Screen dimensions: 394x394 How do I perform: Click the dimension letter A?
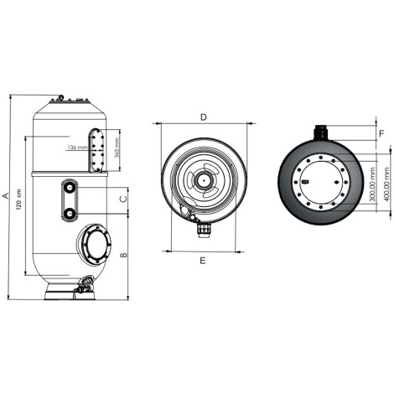coord(5,195)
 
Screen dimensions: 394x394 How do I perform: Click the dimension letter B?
coord(123,255)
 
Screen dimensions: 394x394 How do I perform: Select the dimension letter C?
coord(123,199)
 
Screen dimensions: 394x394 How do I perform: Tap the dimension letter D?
coord(204,117)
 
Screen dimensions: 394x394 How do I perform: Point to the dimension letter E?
coord(203,261)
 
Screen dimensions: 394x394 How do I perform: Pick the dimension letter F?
coord(381,133)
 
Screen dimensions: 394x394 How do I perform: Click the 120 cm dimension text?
coord(18,200)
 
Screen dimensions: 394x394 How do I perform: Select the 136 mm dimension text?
coord(77,147)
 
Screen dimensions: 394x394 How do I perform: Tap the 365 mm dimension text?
coord(117,148)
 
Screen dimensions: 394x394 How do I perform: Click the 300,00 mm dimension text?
coord(372,184)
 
